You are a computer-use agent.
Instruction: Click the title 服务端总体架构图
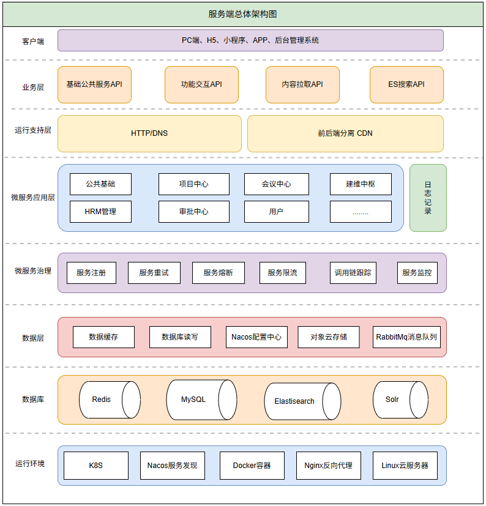243,15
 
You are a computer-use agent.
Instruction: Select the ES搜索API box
406,84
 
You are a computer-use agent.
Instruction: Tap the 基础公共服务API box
94,84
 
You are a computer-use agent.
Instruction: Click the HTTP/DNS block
149,133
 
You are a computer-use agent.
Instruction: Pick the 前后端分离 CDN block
345,133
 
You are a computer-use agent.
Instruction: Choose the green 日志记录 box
428,198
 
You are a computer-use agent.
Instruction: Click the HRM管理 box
100,212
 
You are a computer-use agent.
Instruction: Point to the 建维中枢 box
361,184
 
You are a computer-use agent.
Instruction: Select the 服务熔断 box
219,273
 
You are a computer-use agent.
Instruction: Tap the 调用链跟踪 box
353,273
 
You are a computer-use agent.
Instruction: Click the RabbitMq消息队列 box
406,337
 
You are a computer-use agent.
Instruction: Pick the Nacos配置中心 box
256,337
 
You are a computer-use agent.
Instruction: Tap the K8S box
96,466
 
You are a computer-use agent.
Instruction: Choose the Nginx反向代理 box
329,466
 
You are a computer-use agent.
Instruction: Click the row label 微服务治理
33,270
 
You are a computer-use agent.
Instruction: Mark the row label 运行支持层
33,130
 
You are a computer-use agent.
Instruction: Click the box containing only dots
361,212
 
